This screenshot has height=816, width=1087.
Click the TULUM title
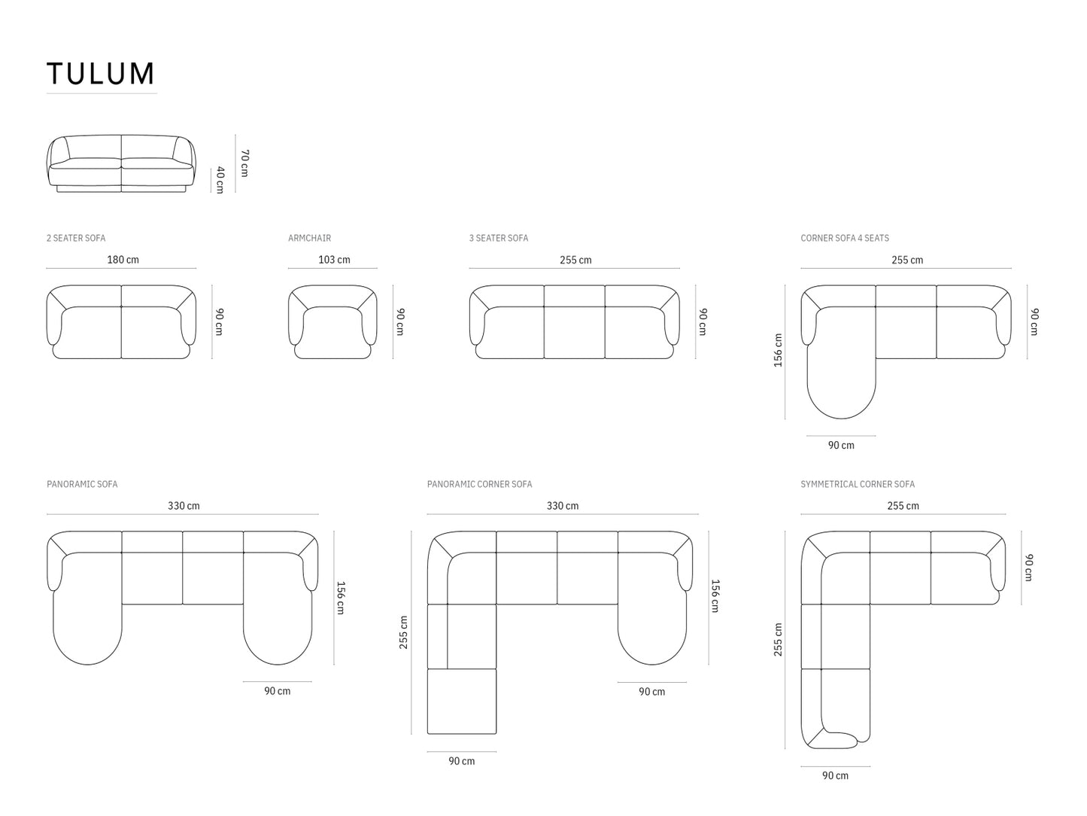tap(101, 73)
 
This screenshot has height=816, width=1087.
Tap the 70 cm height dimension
tap(244, 163)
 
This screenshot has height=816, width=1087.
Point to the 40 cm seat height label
tap(220, 180)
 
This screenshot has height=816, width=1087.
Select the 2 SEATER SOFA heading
tap(76, 238)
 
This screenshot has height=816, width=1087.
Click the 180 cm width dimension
tap(123, 260)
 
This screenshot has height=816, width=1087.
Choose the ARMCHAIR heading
tap(309, 238)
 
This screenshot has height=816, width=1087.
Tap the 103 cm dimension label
tap(334, 260)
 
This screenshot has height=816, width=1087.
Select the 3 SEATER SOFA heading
tap(498, 238)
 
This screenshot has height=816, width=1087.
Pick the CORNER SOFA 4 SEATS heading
tap(845, 238)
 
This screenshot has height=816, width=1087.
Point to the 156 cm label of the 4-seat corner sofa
tap(778, 351)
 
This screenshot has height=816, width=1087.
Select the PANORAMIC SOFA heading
tap(82, 484)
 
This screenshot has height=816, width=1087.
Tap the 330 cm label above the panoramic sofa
tap(184, 506)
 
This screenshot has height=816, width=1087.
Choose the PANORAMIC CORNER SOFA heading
tap(479, 484)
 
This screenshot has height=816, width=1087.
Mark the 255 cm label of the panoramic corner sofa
tap(403, 632)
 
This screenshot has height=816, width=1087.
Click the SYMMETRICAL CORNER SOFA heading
tap(858, 484)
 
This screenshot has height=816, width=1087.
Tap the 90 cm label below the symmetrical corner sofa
tap(835, 775)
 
